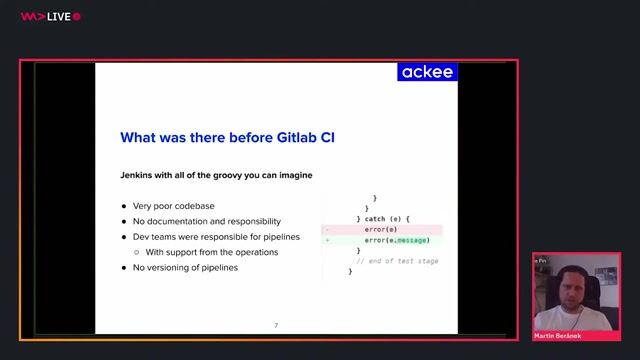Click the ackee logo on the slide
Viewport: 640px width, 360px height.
427,72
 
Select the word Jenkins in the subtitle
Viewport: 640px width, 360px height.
140,175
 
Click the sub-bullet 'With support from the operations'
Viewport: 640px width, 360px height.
211,252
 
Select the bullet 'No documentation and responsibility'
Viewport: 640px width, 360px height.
206,221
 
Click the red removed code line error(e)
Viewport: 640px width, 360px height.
380,229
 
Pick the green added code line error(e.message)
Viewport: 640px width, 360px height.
396,240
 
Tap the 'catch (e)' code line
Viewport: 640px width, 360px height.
383,218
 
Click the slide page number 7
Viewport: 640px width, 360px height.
276,326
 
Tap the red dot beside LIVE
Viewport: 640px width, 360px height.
77,16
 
